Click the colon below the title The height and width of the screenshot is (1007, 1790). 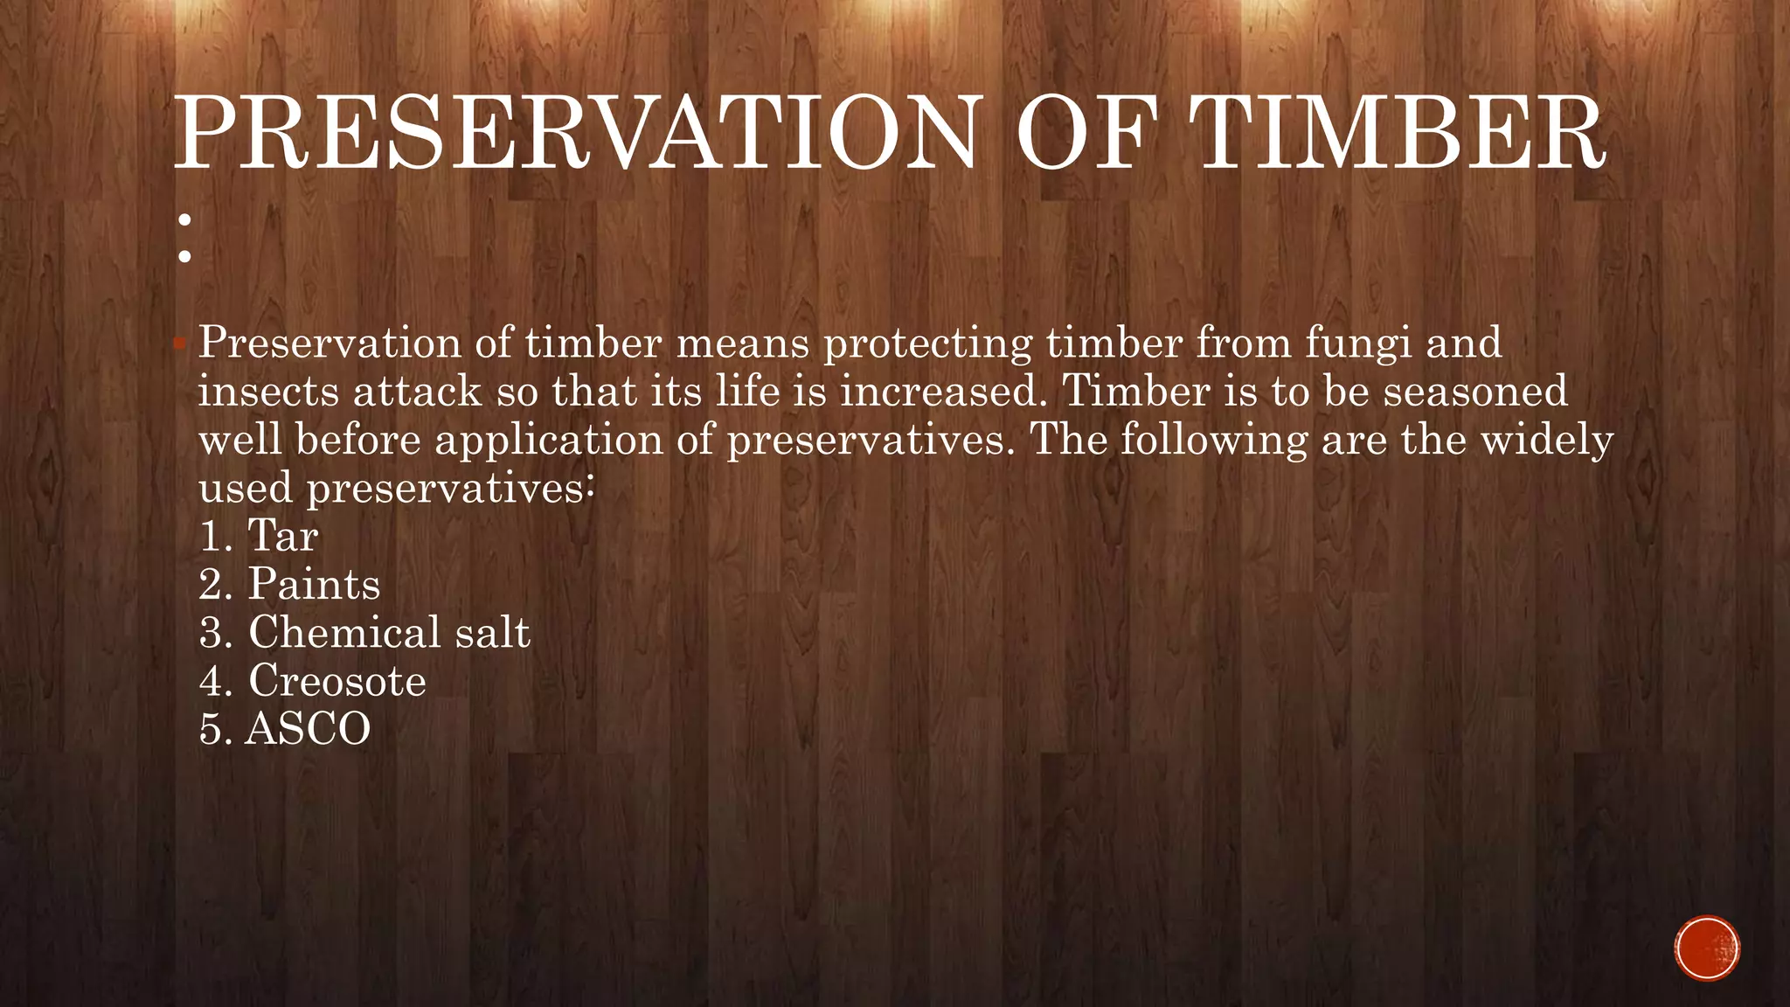point(184,239)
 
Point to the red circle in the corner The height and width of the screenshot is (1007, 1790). point(1707,948)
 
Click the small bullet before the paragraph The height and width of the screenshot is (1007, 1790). point(179,344)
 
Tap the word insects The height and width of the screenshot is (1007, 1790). point(268,391)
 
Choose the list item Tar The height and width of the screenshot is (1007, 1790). point(282,535)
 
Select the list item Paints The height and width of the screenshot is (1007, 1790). point(314,584)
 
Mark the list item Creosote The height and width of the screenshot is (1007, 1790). point(337,681)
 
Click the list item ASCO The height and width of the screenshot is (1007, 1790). point(308,729)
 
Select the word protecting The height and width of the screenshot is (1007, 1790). point(928,344)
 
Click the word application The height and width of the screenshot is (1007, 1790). point(549,439)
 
